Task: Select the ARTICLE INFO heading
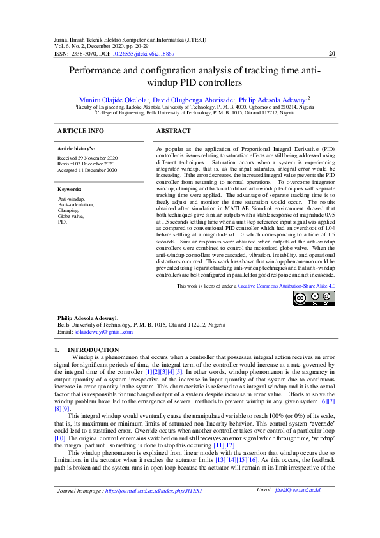pos(80,130)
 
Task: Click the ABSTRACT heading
pos(173,130)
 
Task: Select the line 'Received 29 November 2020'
pos(87,157)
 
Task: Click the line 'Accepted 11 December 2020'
pos(87,171)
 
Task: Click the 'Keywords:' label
pos(70,190)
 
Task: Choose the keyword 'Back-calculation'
pos(75,204)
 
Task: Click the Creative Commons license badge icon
pos(314,298)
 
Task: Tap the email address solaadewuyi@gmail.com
pos(103,332)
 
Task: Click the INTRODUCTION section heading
pos(93,350)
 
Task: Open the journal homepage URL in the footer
pos(153,509)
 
